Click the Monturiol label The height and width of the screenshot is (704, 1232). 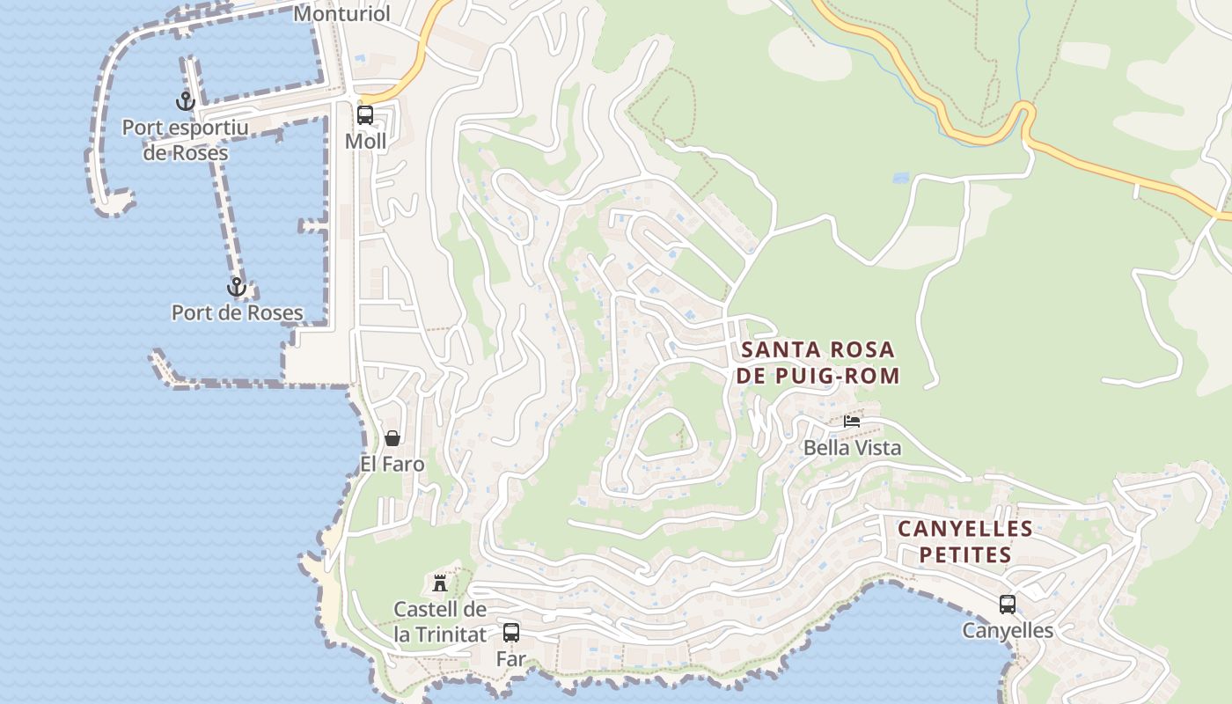tap(341, 13)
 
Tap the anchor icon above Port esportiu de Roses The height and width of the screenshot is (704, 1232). tap(185, 101)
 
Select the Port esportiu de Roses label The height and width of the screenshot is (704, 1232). tap(186, 140)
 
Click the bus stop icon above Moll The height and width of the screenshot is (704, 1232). tap(364, 114)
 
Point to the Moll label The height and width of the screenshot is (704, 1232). tap(365, 141)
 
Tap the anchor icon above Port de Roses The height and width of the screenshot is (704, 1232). tap(236, 287)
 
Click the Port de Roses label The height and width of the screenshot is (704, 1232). tap(237, 312)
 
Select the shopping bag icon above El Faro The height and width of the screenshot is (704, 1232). tap(392, 438)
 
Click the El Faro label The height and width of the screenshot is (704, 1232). tap(392, 464)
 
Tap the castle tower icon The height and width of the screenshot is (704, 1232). tap(439, 583)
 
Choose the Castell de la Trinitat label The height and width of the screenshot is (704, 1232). tap(440, 621)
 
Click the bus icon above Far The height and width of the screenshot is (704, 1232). tap(510, 632)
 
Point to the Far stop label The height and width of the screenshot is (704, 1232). tap(510, 658)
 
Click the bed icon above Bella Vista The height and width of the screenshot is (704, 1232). tap(851, 422)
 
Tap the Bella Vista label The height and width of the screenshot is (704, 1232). tap(852, 448)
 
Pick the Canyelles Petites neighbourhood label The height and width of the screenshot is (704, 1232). tap(964, 542)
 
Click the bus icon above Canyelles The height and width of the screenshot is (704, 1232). tap(1007, 605)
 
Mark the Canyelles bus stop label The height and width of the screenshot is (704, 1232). tap(1007, 631)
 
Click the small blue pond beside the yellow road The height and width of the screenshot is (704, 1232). tap(900, 178)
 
